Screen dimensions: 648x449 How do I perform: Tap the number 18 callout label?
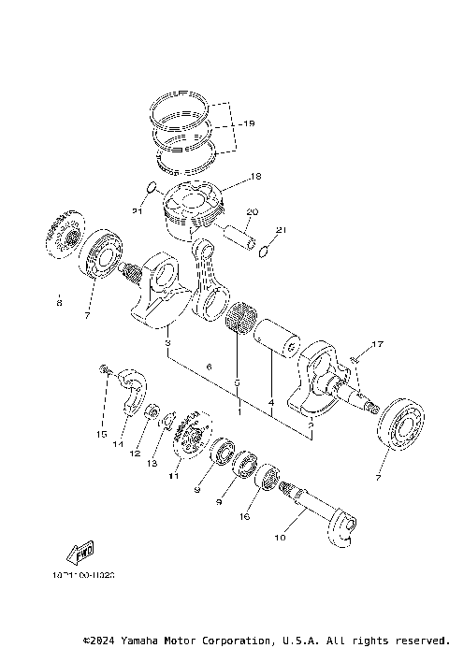pyautogui.click(x=256, y=175)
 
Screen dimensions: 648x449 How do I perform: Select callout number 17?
pyautogui.click(x=377, y=346)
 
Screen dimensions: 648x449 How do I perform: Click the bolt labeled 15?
pyautogui.click(x=106, y=372)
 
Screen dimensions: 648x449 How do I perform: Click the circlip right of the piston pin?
pyautogui.click(x=265, y=250)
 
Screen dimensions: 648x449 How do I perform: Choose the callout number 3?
pyautogui.click(x=167, y=346)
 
